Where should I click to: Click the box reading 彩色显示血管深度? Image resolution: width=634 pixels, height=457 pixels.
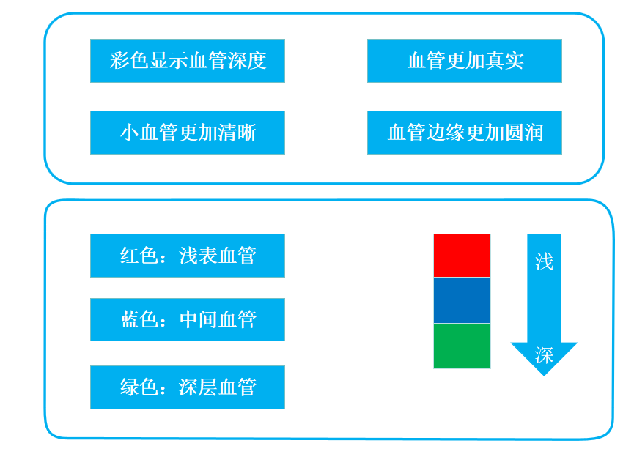point(188,61)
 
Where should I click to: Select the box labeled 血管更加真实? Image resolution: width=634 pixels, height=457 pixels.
point(465,61)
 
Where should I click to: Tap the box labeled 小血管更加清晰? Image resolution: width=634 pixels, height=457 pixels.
point(188,133)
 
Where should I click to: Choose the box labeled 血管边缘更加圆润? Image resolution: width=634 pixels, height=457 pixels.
point(465,133)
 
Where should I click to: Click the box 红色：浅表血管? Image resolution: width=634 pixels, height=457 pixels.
point(188,256)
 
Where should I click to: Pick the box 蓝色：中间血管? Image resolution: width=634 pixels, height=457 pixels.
point(188,319)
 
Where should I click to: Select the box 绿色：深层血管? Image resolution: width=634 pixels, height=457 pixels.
point(188,387)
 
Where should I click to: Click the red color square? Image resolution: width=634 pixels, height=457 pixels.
point(462,256)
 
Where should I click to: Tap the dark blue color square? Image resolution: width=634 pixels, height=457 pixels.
point(462,300)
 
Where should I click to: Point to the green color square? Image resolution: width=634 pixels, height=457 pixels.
point(462,346)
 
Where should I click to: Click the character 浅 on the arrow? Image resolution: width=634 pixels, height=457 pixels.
point(544,262)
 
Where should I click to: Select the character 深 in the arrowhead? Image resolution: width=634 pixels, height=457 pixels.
point(544,356)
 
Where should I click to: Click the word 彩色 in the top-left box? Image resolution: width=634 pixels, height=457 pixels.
point(129,61)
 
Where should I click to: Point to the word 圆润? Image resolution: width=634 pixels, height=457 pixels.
point(523,133)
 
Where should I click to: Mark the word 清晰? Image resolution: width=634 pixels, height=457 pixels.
point(237,133)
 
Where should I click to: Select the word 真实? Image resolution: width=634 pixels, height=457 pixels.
point(504,61)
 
